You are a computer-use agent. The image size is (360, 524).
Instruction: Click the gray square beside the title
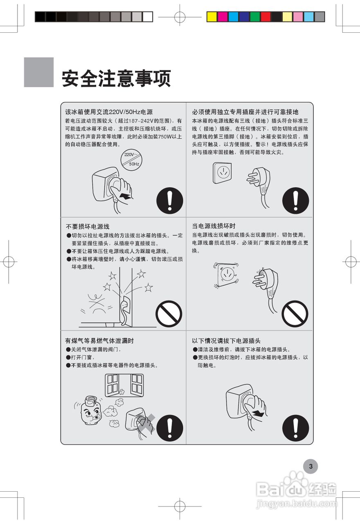(39, 72)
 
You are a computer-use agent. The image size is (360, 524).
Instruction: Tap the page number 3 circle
(310, 466)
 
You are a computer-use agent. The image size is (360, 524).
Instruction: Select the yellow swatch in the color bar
(211, 16)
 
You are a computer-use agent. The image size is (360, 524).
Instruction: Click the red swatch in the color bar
(265, 16)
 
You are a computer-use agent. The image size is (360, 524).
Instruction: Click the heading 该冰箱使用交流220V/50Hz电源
(109, 112)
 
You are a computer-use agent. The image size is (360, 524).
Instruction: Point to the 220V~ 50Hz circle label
(131, 159)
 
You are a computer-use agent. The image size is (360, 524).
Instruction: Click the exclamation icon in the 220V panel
(169, 201)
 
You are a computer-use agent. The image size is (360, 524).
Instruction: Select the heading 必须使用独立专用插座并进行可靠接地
(245, 112)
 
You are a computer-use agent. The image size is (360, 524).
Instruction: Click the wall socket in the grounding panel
(223, 172)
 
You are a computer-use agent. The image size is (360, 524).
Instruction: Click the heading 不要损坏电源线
(88, 226)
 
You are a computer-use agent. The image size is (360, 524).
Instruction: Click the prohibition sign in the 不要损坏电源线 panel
(169, 314)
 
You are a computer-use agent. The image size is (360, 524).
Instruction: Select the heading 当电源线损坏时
(214, 226)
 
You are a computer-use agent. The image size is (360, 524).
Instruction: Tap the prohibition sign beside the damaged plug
(295, 314)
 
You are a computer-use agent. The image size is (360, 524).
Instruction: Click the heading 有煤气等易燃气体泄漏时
(99, 341)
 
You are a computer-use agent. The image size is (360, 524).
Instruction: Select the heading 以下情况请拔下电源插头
(226, 341)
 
